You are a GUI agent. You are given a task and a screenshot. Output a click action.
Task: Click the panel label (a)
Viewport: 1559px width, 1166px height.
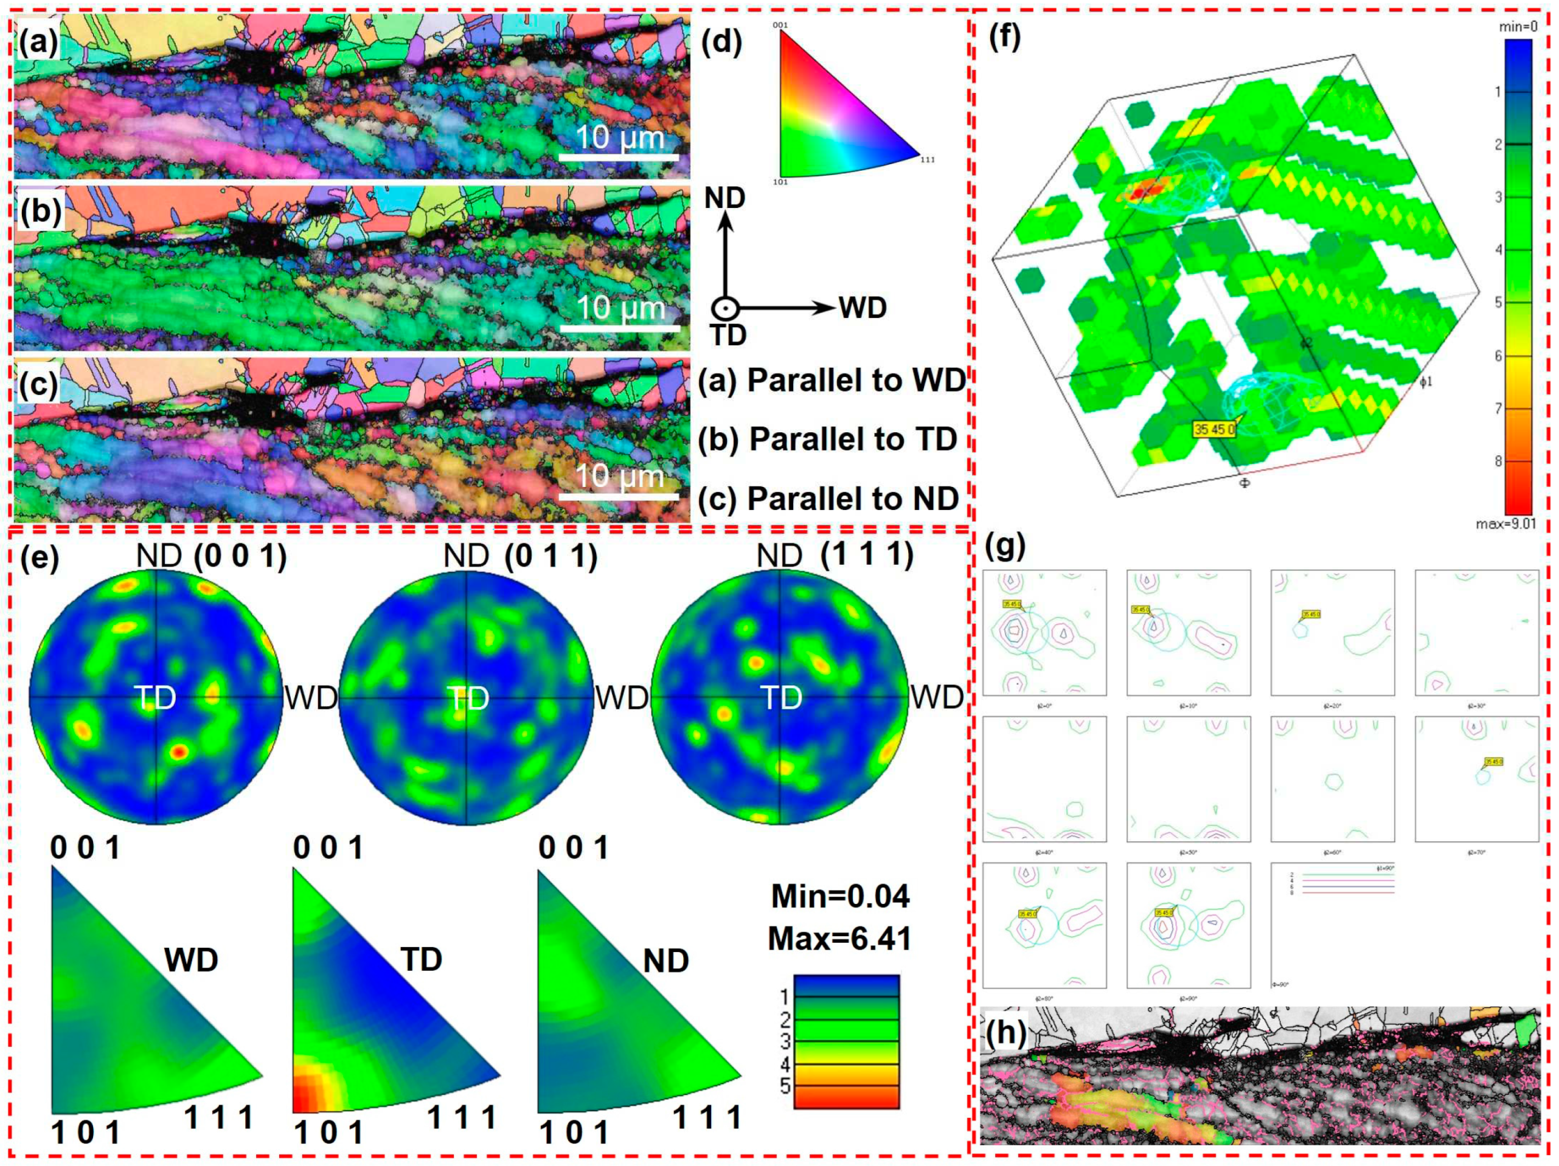click(39, 43)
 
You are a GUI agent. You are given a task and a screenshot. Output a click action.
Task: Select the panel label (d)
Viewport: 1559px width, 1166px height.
click(723, 43)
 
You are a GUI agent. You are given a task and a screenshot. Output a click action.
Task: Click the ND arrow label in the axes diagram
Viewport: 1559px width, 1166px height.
click(724, 198)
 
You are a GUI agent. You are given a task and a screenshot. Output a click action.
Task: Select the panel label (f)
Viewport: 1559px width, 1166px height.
click(1004, 36)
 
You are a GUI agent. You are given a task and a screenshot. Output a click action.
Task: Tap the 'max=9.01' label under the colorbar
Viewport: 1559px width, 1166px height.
click(1505, 524)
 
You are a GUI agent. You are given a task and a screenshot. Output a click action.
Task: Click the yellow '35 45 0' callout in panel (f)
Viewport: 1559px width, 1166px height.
click(1214, 429)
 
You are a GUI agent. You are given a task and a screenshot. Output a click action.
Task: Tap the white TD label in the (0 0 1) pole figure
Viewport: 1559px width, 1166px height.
click(156, 698)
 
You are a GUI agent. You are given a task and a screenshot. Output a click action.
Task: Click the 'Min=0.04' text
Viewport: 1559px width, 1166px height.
click(840, 896)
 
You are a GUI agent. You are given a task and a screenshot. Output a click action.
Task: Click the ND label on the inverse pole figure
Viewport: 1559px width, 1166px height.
click(665, 961)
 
